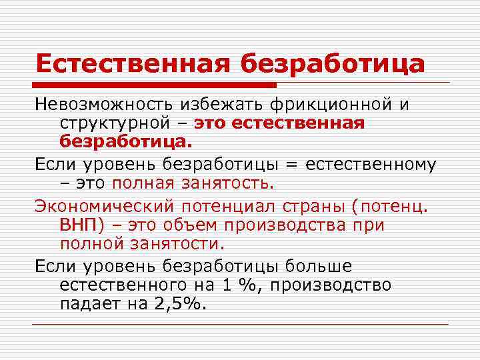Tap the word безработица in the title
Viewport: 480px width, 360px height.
332,63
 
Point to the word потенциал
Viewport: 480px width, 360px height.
231,206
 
